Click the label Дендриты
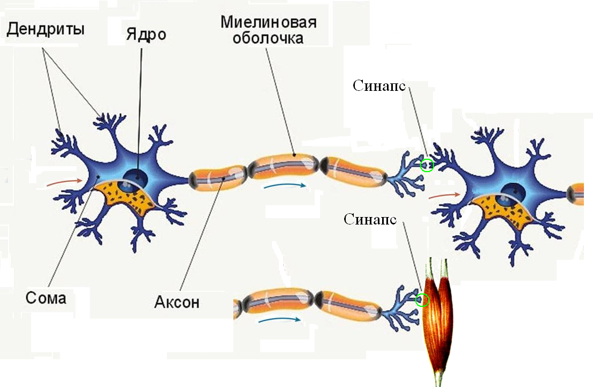(45, 29)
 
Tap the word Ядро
(146, 35)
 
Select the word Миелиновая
(268, 23)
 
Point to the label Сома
(45, 297)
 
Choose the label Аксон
(177, 302)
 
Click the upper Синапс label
(379, 86)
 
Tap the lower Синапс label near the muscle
(370, 219)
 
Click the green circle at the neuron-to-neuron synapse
(427, 165)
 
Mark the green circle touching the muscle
(422, 300)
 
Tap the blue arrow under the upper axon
(285, 186)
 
